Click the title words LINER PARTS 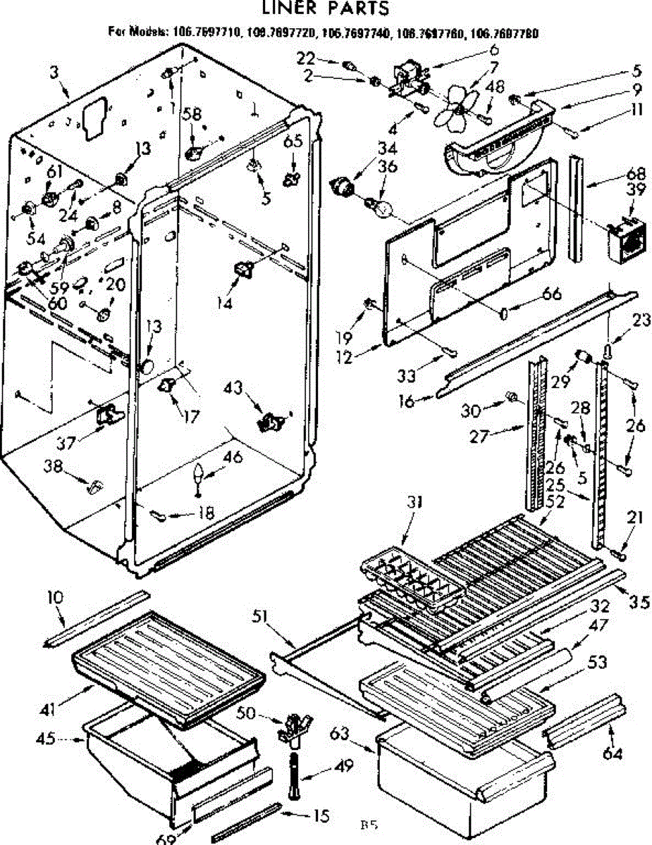point(325,9)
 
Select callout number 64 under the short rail point(613,755)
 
